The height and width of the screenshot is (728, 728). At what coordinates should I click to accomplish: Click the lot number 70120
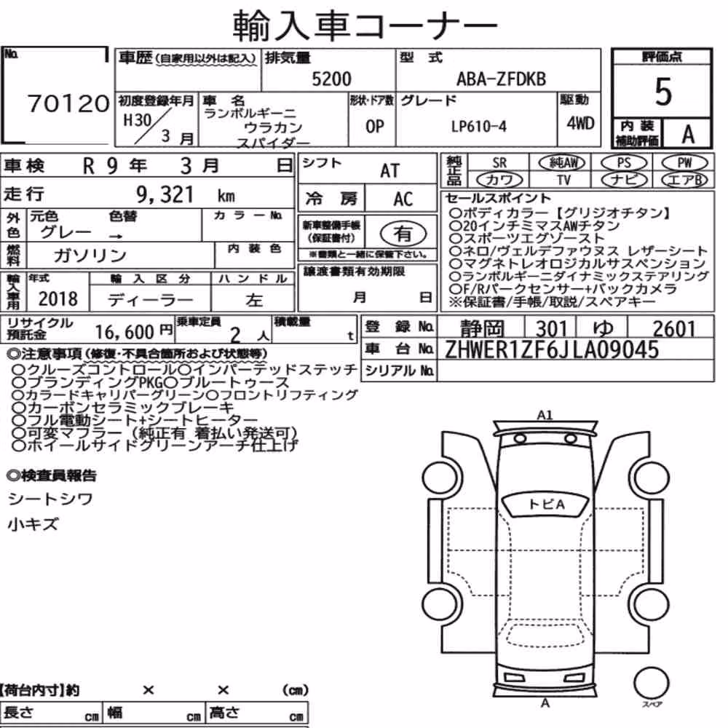(x=68, y=103)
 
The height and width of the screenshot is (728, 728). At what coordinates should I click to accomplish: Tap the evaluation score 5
(x=663, y=92)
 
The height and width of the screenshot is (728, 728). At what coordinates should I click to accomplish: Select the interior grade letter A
(x=688, y=134)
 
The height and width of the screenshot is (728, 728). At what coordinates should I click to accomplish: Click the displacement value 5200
(x=331, y=79)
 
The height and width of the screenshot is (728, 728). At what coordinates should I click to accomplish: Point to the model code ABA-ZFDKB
(x=501, y=79)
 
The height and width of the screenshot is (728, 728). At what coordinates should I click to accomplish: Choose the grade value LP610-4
(x=479, y=126)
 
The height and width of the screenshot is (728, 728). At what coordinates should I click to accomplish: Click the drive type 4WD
(x=580, y=123)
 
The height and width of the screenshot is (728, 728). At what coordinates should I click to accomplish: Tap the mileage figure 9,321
(x=165, y=194)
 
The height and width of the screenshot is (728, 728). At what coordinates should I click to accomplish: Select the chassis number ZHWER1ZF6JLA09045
(x=552, y=349)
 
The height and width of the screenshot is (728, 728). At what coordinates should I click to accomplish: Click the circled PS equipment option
(x=624, y=162)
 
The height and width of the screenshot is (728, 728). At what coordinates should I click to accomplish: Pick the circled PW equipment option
(x=684, y=162)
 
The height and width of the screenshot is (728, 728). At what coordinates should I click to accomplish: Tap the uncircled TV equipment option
(x=563, y=179)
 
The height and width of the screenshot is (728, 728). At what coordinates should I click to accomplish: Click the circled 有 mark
(x=403, y=233)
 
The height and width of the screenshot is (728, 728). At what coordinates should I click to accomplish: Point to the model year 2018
(x=58, y=298)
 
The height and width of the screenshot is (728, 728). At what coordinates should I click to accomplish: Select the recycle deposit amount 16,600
(x=124, y=332)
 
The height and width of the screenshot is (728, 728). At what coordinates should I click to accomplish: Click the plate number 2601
(x=673, y=329)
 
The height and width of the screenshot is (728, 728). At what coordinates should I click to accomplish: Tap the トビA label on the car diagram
(x=546, y=504)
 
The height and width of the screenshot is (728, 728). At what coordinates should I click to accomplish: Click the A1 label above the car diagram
(x=545, y=415)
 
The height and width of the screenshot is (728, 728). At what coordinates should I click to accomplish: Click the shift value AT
(x=390, y=171)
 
